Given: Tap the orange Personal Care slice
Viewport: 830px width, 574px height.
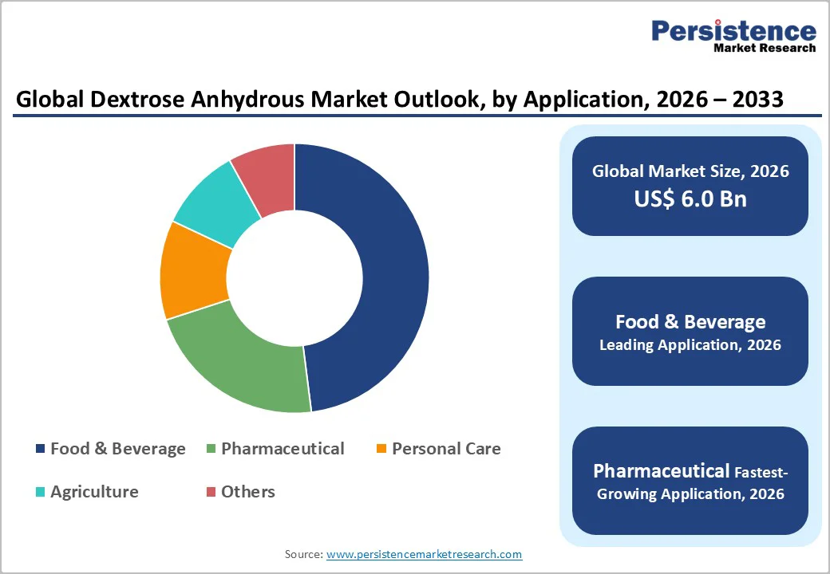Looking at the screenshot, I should (x=192, y=271).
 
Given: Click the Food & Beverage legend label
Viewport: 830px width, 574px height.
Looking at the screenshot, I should (x=117, y=449).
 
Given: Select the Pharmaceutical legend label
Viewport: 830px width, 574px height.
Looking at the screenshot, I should (x=283, y=449).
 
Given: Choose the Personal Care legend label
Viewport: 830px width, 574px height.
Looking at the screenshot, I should (x=446, y=449).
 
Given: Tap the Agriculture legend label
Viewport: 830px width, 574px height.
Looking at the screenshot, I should (x=94, y=492).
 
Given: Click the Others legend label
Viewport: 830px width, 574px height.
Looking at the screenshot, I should (x=248, y=492).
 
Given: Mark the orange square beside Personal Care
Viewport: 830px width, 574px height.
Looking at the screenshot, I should (x=381, y=450).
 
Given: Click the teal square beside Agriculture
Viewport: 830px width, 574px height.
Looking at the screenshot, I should (x=40, y=493).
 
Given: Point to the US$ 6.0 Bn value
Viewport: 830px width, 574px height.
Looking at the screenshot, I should (x=690, y=199).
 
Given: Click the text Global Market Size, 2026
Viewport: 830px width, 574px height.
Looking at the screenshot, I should (x=690, y=171).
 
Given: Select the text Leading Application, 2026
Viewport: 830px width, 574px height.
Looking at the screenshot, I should (x=690, y=345).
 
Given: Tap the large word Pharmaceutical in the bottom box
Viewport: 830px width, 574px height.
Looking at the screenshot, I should (x=662, y=470).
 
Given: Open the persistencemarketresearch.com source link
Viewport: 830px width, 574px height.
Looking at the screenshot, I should (x=425, y=554).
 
